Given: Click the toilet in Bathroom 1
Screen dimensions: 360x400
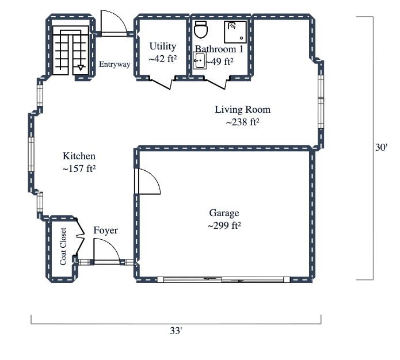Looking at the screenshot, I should click(x=200, y=29).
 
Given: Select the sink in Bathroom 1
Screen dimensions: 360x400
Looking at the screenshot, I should click(x=200, y=60).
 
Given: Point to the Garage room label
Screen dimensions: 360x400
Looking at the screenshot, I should click(x=224, y=213).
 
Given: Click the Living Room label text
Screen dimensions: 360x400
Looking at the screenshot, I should click(x=242, y=109).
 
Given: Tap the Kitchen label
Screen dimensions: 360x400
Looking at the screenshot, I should click(x=79, y=156).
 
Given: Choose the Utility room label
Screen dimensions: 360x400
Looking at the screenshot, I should click(x=163, y=46).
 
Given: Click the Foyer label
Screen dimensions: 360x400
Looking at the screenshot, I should click(x=105, y=231).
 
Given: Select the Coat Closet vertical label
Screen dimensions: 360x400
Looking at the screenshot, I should click(x=63, y=247).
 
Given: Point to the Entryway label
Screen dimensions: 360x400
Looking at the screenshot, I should click(x=115, y=64).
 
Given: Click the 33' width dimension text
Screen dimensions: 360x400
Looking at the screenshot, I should click(x=176, y=331).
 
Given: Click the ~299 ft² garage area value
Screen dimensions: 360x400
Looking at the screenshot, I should click(x=224, y=225).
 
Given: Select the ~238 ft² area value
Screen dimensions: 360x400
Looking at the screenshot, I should click(x=242, y=122).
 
